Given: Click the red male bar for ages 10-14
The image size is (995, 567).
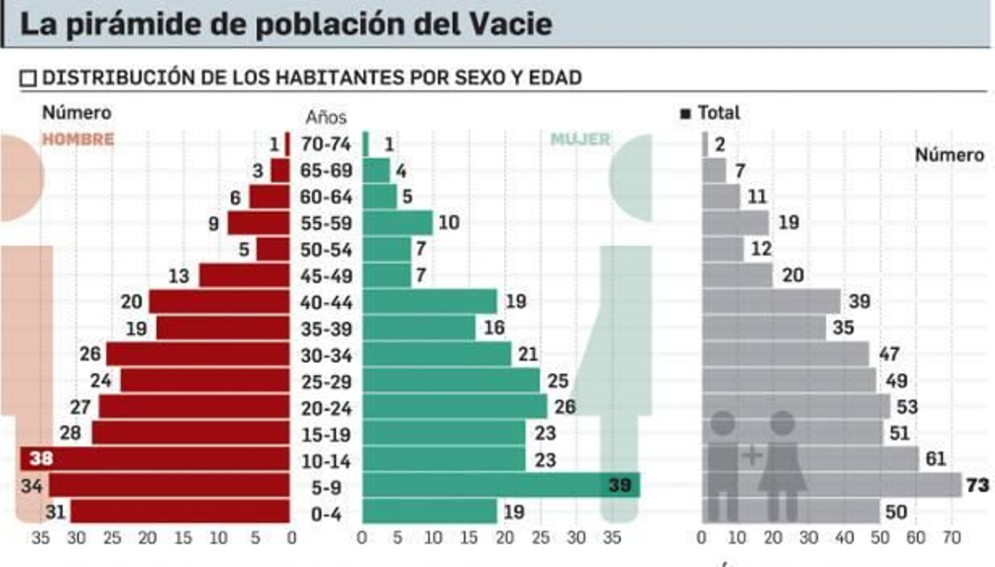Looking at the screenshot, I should pyautogui.click(x=155, y=459).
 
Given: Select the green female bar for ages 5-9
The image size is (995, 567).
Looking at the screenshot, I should pyautogui.click(x=501, y=485).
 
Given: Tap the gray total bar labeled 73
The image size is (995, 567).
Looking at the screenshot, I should pyautogui.click(x=832, y=485).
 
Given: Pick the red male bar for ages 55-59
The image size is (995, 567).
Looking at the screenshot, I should pyautogui.click(x=259, y=223).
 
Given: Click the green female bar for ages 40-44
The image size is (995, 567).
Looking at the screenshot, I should pyautogui.click(x=430, y=302).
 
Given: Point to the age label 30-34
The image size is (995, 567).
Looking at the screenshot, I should pyautogui.click(x=326, y=355).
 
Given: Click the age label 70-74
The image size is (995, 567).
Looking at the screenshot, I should pyautogui.click(x=326, y=144).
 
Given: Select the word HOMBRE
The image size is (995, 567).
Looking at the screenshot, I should pyautogui.click(x=78, y=139).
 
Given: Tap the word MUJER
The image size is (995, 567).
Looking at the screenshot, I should pyautogui.click(x=580, y=139).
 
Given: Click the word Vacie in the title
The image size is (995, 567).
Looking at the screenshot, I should pyautogui.click(x=510, y=24).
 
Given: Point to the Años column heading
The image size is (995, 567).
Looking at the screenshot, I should pyautogui.click(x=326, y=117).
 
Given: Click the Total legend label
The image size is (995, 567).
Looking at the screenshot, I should pyautogui.click(x=718, y=113).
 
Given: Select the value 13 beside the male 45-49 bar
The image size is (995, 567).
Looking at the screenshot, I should pyautogui.click(x=179, y=276).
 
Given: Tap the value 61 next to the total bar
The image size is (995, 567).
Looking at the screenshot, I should pyautogui.click(x=935, y=459).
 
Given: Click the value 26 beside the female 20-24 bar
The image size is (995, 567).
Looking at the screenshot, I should pyautogui.click(x=565, y=407).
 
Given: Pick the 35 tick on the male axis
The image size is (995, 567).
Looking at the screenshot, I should pyautogui.click(x=40, y=538).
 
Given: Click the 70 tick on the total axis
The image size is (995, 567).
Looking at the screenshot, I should pyautogui.click(x=951, y=538).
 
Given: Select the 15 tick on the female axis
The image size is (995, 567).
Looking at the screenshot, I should pyautogui.click(x=469, y=538).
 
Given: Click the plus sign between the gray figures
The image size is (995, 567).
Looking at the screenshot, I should pyautogui.click(x=752, y=456).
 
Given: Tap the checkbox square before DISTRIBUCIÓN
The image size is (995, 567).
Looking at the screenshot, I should pyautogui.click(x=28, y=78).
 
